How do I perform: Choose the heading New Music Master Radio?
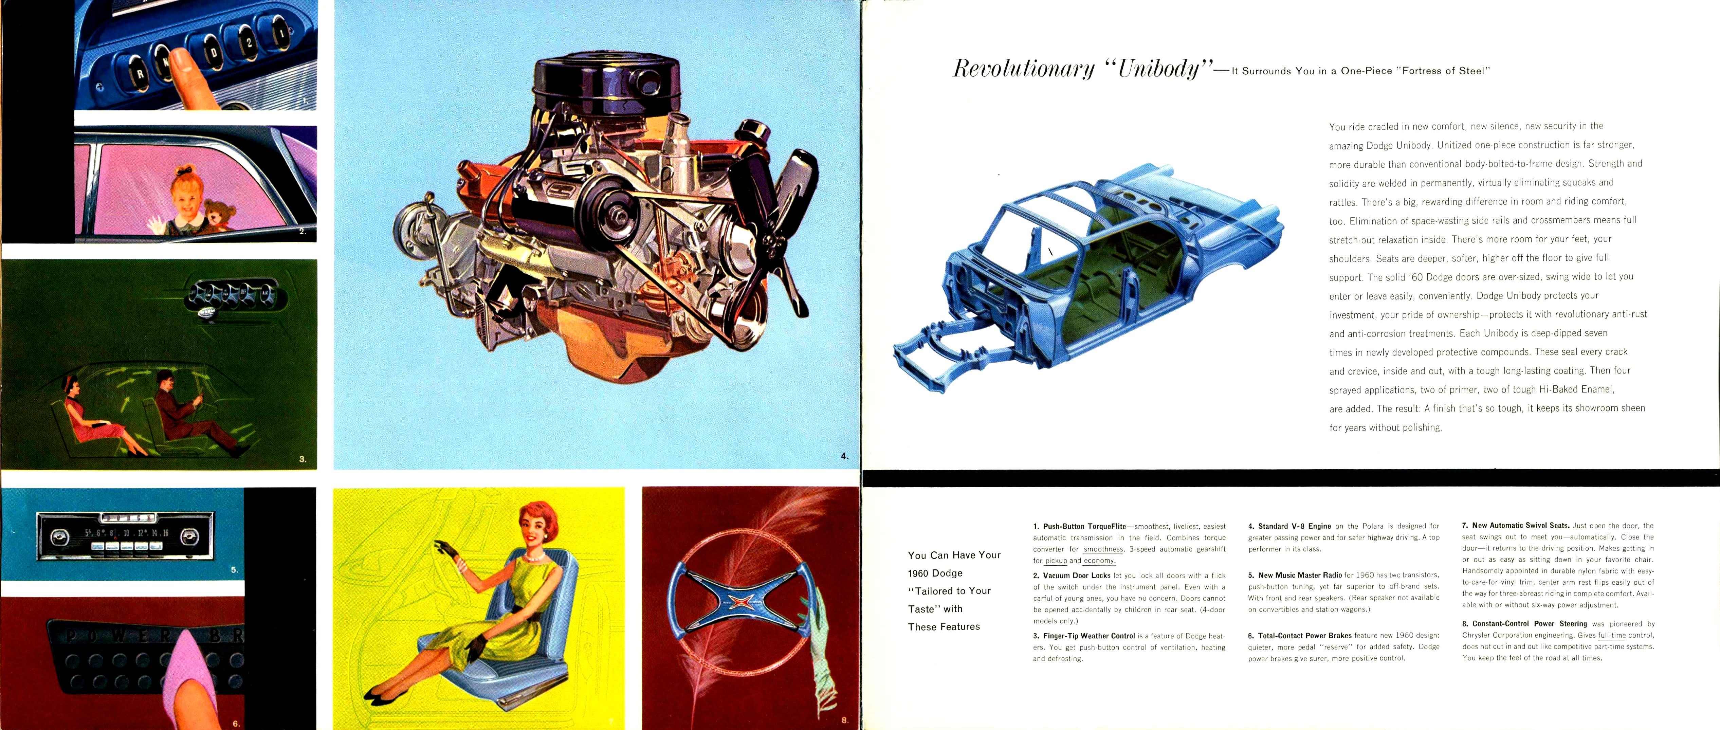1295,575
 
